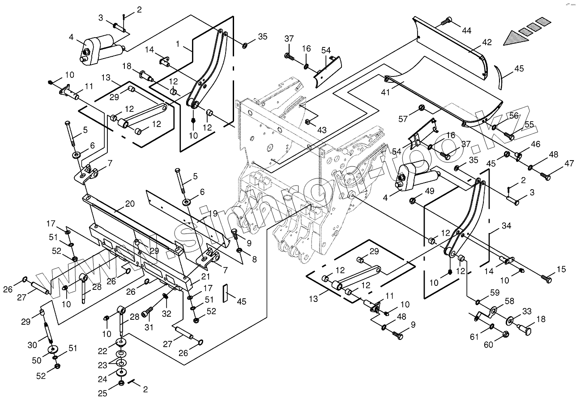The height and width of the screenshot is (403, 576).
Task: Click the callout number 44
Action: click(467, 30)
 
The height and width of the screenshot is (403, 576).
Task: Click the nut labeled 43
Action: click(308, 122)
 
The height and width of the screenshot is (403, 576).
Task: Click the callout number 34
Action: click(506, 226)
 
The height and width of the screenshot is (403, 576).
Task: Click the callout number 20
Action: click(129, 204)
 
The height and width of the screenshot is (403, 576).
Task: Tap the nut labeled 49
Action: click(413, 200)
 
